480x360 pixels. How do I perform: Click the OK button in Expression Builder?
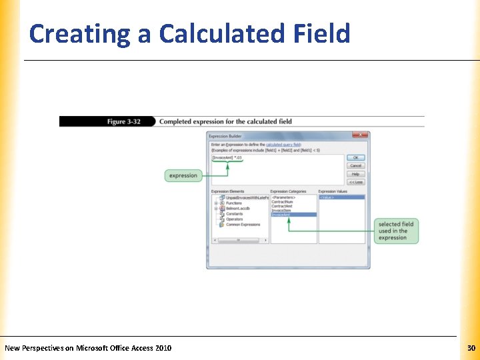click(x=356, y=157)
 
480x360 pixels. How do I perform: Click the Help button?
click(x=356, y=173)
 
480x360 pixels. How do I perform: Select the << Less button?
click(x=356, y=181)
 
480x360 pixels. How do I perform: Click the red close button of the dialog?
click(x=361, y=135)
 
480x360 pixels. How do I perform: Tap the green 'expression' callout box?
click(x=183, y=175)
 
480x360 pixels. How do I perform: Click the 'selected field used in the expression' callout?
click(x=396, y=231)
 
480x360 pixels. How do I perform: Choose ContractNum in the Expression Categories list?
click(x=283, y=202)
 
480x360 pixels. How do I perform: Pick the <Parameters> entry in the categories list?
click(x=283, y=197)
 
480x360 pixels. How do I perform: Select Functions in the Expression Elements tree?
click(x=234, y=203)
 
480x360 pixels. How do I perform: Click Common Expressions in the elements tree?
click(x=243, y=225)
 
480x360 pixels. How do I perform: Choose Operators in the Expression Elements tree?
click(x=235, y=219)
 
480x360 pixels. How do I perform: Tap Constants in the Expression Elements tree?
click(x=235, y=214)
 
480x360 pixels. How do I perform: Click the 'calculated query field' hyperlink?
click(x=283, y=145)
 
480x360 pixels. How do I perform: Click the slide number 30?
click(x=471, y=348)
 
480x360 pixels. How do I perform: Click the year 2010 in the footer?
click(x=163, y=348)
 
